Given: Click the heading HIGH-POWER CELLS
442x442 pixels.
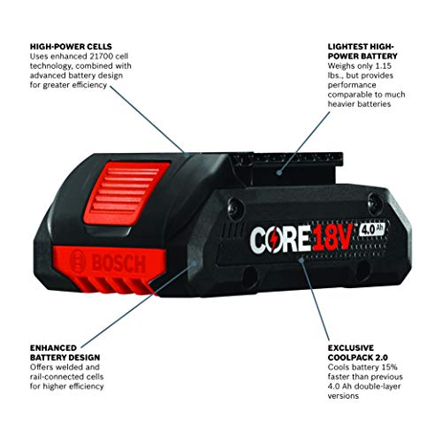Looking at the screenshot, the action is (71, 47).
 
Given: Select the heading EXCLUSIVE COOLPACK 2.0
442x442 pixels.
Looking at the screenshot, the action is (358, 353).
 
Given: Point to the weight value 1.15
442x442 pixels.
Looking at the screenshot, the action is (384, 65).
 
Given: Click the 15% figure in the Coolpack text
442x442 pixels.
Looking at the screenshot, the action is (390, 367).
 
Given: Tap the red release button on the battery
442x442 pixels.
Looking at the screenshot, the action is (127, 193).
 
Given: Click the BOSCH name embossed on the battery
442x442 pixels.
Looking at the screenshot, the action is (118, 263).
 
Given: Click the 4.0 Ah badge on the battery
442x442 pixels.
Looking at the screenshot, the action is (372, 229).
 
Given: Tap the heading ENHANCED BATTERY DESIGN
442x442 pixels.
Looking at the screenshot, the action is (65, 353).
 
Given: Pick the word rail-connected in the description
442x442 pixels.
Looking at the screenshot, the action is (53, 377).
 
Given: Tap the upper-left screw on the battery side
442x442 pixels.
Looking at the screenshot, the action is (236, 208).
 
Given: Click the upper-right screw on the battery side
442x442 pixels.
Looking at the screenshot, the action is (376, 202).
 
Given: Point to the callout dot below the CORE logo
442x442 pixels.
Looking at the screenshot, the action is (301, 260).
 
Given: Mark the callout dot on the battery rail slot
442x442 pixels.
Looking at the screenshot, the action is (279, 171).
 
